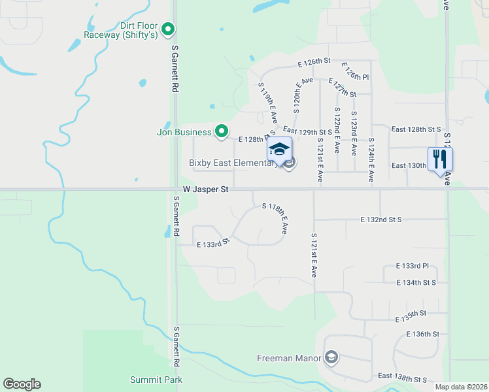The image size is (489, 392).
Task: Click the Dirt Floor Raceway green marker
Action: [168, 29]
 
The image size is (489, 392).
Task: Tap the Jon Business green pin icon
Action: [222, 132]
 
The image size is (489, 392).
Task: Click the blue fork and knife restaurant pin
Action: [440, 158]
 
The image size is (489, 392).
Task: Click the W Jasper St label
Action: [206, 189]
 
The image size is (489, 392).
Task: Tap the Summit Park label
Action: [156, 380]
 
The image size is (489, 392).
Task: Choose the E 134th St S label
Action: [416, 282]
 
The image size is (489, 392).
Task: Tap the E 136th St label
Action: [422, 334]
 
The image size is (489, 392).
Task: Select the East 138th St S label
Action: [402, 378]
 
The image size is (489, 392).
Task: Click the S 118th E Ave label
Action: [275, 218]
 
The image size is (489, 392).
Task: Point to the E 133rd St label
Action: [213, 243]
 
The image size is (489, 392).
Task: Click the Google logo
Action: [22, 384]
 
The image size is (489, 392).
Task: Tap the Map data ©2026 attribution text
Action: [461, 387]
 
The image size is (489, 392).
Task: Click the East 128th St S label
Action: [416, 129]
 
